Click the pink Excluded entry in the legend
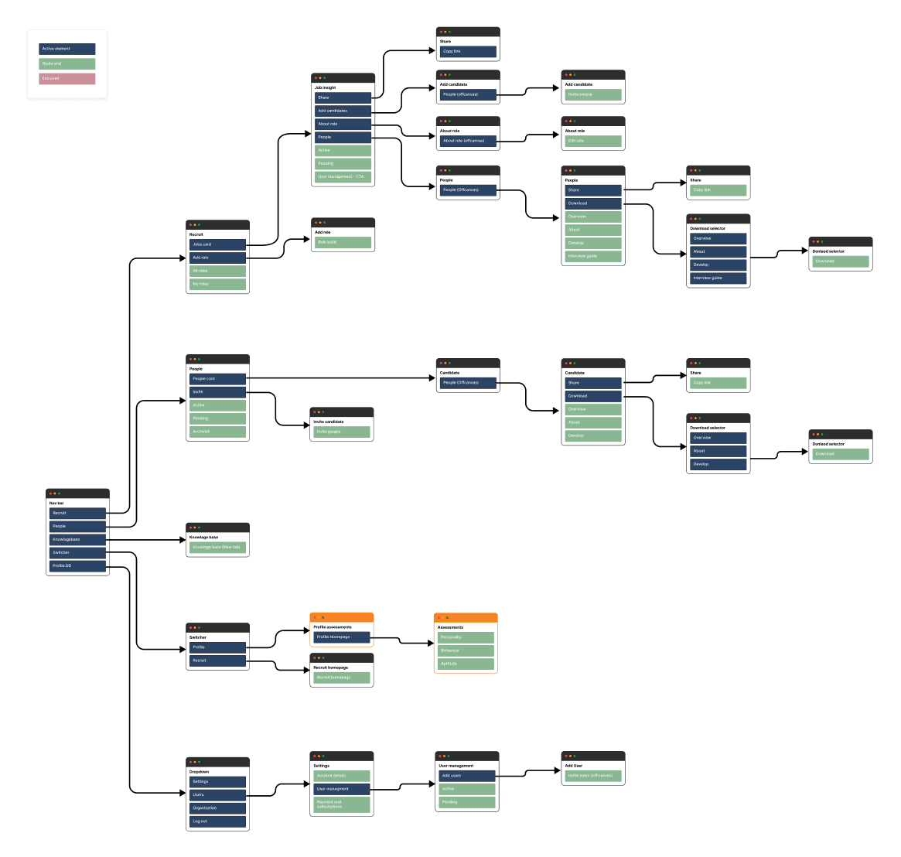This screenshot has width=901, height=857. (67, 78)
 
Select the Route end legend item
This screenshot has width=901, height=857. (67, 63)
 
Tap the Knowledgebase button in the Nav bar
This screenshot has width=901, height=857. (77, 539)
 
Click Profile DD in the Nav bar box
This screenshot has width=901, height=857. (77, 566)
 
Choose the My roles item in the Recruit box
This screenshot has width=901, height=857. (217, 284)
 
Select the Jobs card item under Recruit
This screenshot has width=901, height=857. (217, 244)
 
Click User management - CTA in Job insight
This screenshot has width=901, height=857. (343, 177)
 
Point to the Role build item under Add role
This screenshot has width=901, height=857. (343, 242)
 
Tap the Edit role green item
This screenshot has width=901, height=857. (592, 141)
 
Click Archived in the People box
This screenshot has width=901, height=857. (217, 432)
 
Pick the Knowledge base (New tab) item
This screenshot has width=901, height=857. (217, 547)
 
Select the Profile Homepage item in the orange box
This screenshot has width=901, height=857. (341, 637)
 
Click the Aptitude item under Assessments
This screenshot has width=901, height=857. (465, 664)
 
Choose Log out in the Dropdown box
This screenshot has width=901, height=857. (217, 821)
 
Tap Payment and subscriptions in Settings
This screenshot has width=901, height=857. (341, 804)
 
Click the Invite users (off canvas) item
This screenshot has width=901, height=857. (592, 775)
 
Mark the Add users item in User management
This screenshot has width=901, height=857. (466, 776)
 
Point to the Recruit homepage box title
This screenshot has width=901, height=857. (331, 668)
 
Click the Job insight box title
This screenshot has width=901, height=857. (326, 88)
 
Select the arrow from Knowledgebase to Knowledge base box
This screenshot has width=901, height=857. (147, 539)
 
